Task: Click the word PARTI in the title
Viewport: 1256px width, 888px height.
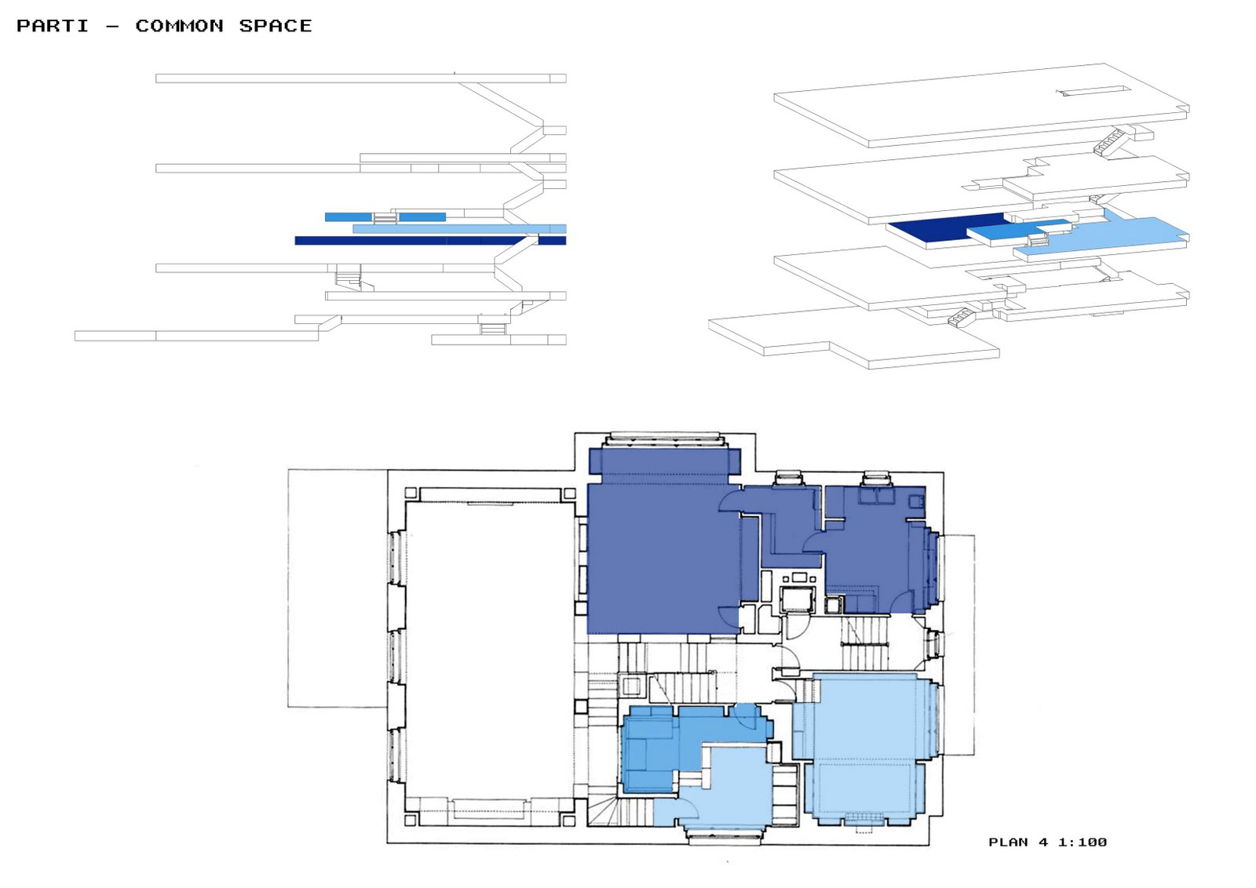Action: (x=53, y=26)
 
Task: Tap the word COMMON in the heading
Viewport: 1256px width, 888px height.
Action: (x=180, y=26)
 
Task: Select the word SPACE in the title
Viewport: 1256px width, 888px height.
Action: (x=276, y=26)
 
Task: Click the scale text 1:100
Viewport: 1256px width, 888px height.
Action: (x=1083, y=842)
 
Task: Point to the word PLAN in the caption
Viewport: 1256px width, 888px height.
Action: (x=1008, y=842)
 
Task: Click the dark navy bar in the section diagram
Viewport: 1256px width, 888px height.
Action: (x=430, y=240)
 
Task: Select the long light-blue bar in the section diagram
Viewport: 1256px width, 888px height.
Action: (x=459, y=228)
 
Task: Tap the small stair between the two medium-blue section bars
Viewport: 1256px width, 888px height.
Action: (x=385, y=217)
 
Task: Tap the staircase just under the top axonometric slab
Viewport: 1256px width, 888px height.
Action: (x=1109, y=142)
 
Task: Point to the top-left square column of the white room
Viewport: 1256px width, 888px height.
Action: (x=411, y=493)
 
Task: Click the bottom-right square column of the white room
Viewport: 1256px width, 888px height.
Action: (x=568, y=821)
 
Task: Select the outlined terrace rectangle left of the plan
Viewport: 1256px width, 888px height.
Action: (x=338, y=588)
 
